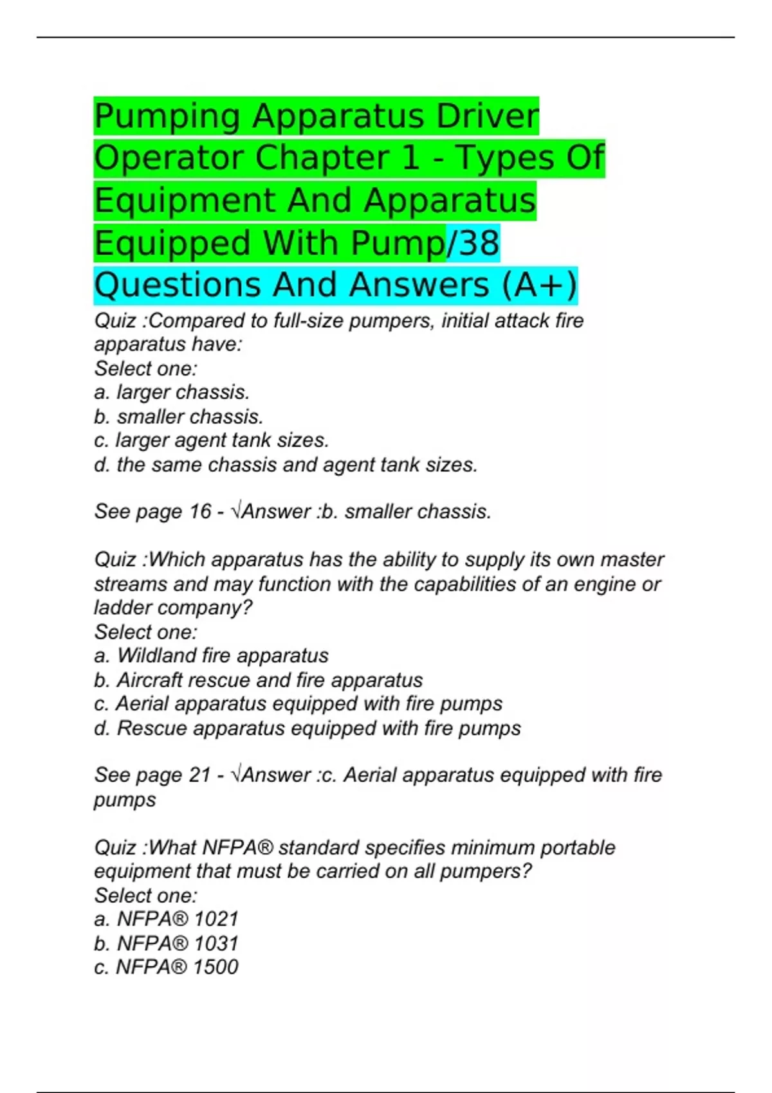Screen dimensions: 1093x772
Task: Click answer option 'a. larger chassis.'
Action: [172, 392]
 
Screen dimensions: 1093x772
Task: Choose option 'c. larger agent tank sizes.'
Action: [212, 440]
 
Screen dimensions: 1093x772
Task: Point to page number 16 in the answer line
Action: [199, 512]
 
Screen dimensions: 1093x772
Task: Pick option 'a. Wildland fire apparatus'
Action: [211, 656]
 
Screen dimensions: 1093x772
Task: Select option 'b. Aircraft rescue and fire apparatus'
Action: [258, 680]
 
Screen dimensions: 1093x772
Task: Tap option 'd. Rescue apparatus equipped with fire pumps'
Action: [307, 728]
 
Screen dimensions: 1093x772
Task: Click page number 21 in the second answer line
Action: [199, 775]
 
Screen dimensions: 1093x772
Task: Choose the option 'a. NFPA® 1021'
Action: [166, 919]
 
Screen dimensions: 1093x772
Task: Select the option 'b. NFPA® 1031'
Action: [166, 944]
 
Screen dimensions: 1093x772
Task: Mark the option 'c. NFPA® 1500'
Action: [166, 967]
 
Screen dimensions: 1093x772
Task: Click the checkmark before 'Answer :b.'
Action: [237, 512]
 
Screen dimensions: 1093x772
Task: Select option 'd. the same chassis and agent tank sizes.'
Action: [286, 465]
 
